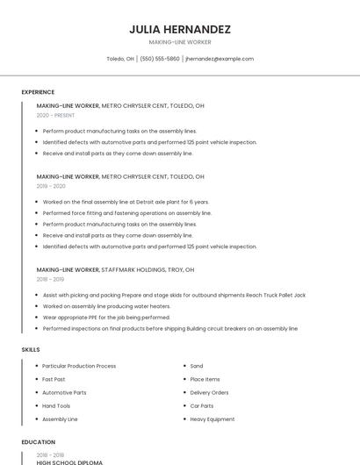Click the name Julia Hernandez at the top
pos(180,28)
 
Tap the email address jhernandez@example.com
pos(220,59)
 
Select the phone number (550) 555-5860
pos(160,59)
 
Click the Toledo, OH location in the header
pos(120,59)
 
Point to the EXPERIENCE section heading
pos(38,92)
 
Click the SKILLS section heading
pos(31,350)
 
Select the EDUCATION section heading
pos(38,442)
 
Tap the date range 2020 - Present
pos(56,115)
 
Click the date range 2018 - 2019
pos(51,279)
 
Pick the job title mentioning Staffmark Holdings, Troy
pos(115,269)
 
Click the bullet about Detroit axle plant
pos(126,202)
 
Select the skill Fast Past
pos(54,379)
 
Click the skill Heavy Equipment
pos(212,419)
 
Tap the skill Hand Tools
pos(56,406)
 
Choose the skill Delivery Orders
pos(209,392)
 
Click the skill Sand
pos(197,366)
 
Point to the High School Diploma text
pos(69,462)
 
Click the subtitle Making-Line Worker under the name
pos(180,42)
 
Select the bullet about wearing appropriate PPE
pos(106,318)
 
